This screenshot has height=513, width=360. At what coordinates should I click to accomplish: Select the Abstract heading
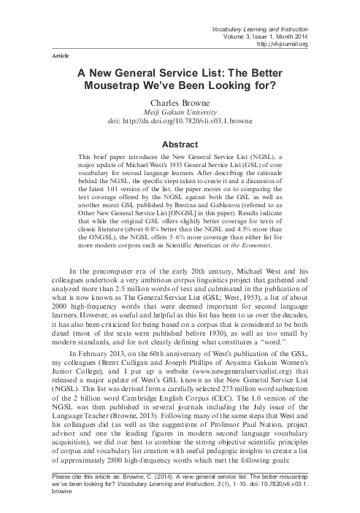[180, 143]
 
